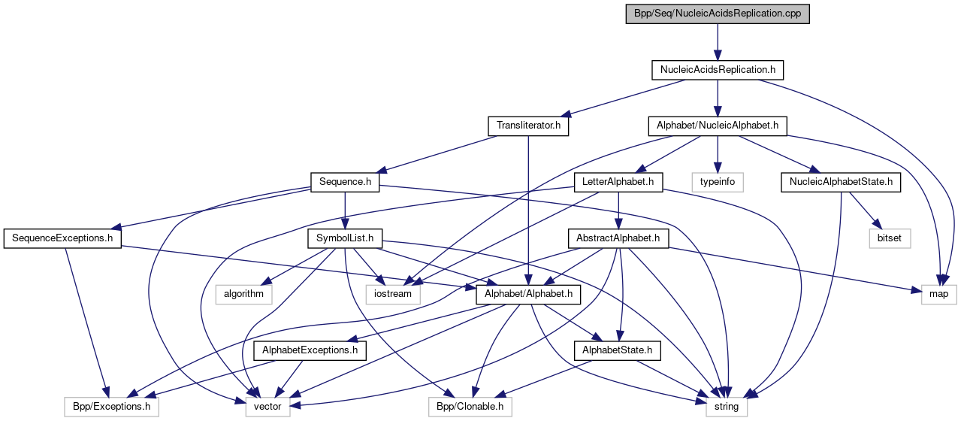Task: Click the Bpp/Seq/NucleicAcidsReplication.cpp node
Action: [x=718, y=14]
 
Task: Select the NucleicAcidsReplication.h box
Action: [x=718, y=70]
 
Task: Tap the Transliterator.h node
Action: [x=528, y=126]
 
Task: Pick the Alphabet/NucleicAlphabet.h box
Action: [x=718, y=126]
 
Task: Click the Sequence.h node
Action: [x=345, y=181]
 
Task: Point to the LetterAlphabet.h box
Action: [x=618, y=181]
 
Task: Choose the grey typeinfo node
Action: [x=718, y=181]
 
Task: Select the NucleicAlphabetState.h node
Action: [x=841, y=181]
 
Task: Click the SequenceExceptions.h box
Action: [x=62, y=239]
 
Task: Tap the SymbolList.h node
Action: [x=345, y=239]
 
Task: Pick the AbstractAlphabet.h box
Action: [x=618, y=239]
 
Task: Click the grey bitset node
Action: [x=890, y=239]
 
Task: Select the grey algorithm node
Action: [x=243, y=293]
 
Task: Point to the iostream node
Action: [x=393, y=293]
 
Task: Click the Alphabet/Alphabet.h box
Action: [x=528, y=293]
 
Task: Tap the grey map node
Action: [x=939, y=293]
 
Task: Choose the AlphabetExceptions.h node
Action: [x=310, y=350]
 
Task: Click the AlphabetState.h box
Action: [x=618, y=350]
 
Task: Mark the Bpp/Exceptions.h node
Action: [x=111, y=407]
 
